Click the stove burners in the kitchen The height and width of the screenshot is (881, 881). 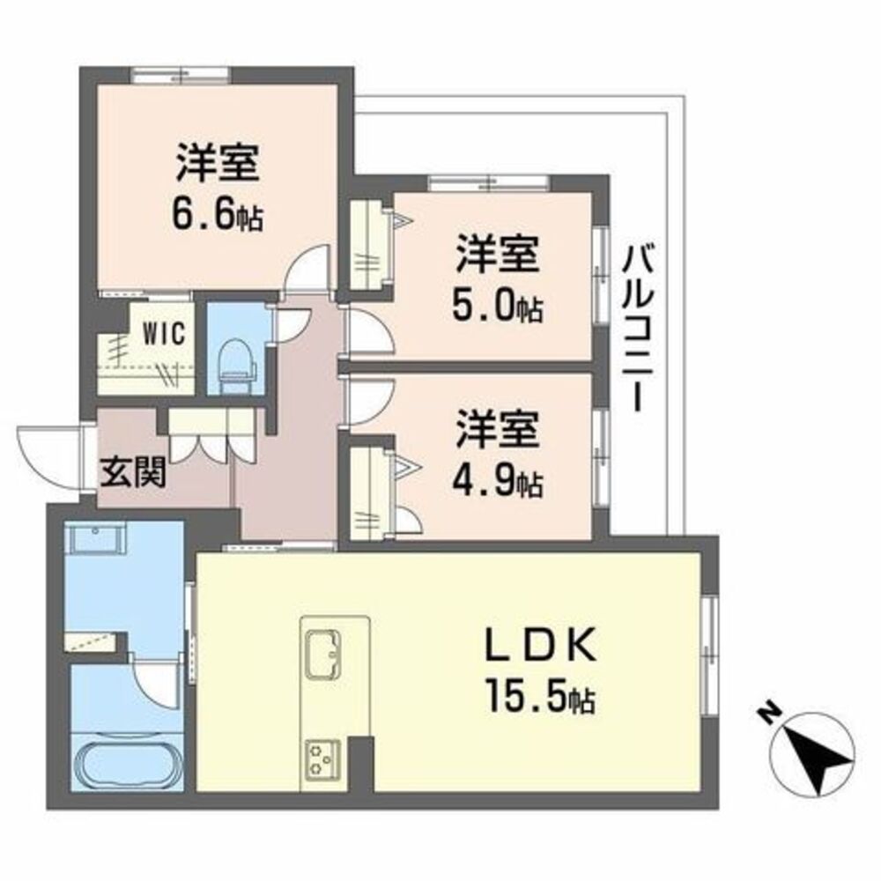pos(322,759)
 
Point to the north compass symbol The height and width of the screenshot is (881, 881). pos(812,755)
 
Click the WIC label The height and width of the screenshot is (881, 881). pos(164,334)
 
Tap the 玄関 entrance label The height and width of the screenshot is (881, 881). pos(133,472)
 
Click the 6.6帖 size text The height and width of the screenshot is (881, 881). pos(218,214)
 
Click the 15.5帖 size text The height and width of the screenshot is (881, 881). pos(541,696)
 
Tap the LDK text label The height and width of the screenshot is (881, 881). pos(541,645)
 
